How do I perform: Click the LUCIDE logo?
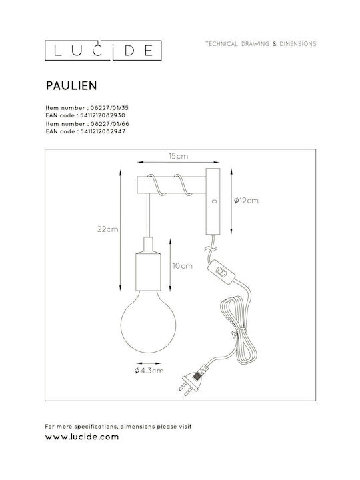click(103, 51)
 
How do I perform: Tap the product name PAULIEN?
click(71, 86)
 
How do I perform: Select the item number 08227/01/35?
click(109, 108)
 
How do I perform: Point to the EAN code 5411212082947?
click(103, 131)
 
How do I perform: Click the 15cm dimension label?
click(179, 156)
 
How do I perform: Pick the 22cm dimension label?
click(108, 229)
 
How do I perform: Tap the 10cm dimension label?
click(183, 266)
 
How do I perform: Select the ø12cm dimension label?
click(246, 201)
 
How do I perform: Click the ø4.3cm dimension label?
click(149, 371)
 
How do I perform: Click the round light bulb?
click(148, 321)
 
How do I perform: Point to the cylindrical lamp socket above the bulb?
click(148, 264)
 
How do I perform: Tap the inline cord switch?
click(221, 271)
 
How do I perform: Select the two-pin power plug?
click(191, 383)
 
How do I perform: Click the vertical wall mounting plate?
click(213, 201)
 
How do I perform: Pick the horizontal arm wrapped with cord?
click(171, 185)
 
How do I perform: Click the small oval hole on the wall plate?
click(214, 201)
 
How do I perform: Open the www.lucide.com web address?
click(82, 437)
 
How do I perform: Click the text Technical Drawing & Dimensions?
click(261, 44)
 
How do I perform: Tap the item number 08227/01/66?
click(110, 124)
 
